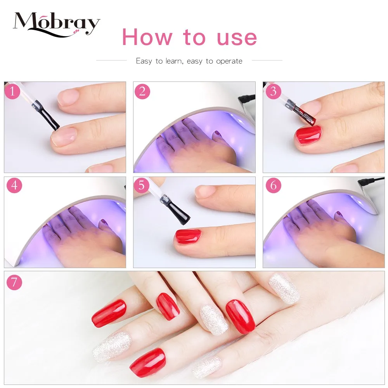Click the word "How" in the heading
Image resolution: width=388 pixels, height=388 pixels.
click(147, 37)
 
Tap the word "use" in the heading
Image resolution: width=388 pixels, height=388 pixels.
click(237, 38)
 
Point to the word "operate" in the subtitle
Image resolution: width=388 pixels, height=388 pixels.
click(229, 61)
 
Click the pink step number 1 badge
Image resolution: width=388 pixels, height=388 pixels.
click(12, 91)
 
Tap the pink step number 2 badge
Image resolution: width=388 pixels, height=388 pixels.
click(142, 91)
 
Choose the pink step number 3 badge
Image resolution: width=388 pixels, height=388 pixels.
click(273, 91)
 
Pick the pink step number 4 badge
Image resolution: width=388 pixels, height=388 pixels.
click(14, 185)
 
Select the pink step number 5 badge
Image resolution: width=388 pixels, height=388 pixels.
click(141, 185)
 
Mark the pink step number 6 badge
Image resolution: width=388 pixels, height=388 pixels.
click(273, 185)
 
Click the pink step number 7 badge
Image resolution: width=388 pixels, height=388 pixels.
click(14, 282)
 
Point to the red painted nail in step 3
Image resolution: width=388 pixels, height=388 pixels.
click(308, 135)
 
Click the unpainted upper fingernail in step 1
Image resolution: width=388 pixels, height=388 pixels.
click(68, 97)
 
